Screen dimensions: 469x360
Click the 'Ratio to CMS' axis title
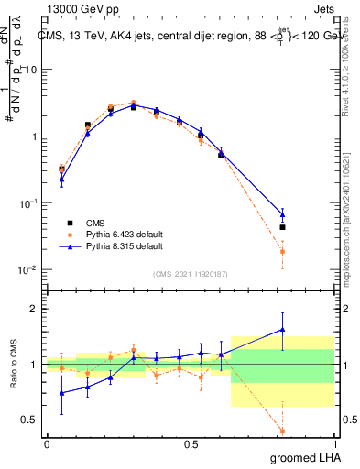coord(14,365)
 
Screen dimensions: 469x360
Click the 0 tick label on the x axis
coord(47,444)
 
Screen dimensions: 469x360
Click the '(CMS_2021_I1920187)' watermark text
coord(191,273)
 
